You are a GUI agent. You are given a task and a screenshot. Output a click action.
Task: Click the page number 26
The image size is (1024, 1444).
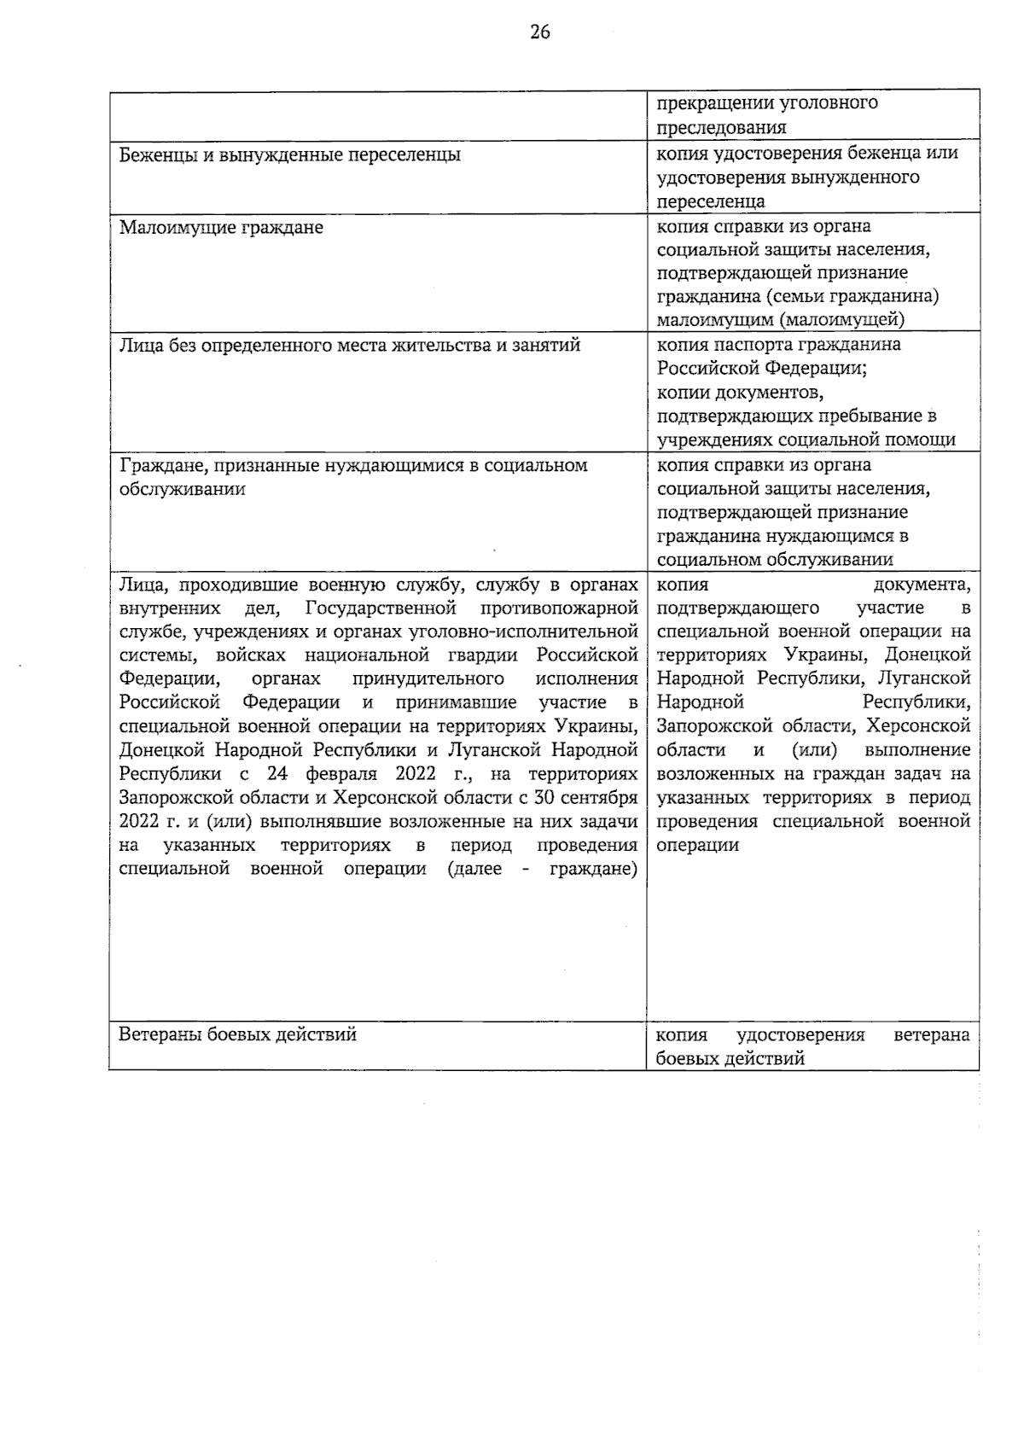[x=540, y=32]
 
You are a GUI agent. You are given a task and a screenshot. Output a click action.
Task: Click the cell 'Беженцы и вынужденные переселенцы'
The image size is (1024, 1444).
[x=290, y=154]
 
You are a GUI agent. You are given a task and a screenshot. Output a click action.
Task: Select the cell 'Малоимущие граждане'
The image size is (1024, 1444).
[x=221, y=228]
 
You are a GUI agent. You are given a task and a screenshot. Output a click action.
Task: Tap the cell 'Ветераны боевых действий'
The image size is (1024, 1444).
[x=237, y=1034]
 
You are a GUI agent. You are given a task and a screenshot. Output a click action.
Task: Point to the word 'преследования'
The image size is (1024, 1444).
[x=721, y=127]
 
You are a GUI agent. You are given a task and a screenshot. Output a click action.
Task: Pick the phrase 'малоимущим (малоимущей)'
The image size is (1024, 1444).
[x=780, y=320]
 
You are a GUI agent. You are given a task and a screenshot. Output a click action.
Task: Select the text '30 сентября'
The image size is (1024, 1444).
[x=588, y=798]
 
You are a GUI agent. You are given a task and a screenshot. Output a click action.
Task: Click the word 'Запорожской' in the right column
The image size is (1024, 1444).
[x=713, y=726]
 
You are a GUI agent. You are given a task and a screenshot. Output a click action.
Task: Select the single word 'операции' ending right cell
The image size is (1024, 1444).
[x=697, y=845]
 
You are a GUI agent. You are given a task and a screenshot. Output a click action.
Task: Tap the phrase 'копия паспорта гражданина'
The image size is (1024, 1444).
[x=778, y=345]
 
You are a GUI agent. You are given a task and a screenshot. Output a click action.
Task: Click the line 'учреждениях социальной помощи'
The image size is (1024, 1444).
[x=806, y=440]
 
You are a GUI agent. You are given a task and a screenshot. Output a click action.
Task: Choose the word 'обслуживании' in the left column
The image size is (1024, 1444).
[x=182, y=489]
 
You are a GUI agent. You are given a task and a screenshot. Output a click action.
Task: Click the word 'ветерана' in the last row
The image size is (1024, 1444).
[x=932, y=1035]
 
